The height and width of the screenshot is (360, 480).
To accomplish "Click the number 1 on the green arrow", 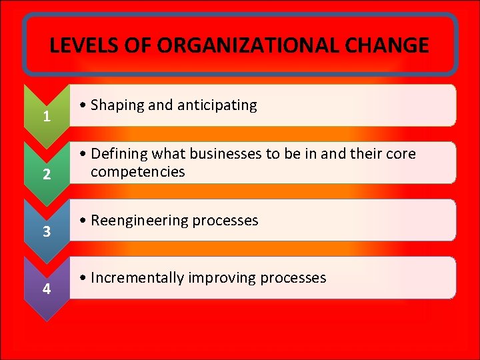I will click(x=46, y=117).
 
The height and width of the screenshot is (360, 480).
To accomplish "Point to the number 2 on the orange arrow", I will click(x=46, y=175).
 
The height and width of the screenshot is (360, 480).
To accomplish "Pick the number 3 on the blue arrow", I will click(x=46, y=232).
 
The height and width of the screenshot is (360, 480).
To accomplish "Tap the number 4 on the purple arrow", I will click(x=46, y=289).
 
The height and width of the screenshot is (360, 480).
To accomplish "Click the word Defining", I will click(x=118, y=154).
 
